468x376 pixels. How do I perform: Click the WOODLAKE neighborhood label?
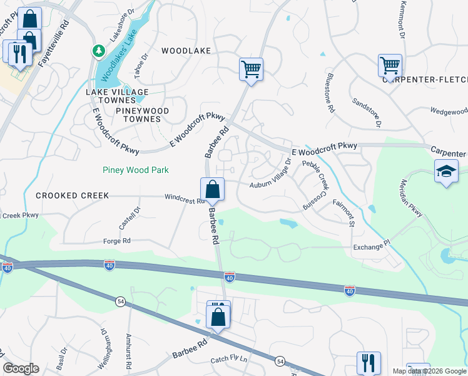(x=186, y=51)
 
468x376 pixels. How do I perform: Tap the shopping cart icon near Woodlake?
(x=251, y=69)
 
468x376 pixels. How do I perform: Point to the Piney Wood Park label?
(x=136, y=170)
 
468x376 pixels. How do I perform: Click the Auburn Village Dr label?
(x=271, y=175)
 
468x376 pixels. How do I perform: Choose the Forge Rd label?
(x=117, y=241)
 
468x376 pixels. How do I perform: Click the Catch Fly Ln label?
(x=229, y=360)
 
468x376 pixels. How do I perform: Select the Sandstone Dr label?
(x=366, y=112)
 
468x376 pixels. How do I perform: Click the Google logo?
(x=21, y=368)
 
